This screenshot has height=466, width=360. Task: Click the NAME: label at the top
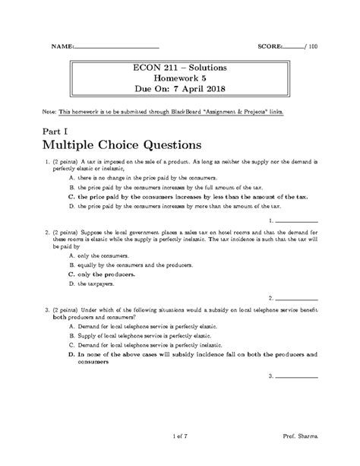(x=62, y=46)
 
